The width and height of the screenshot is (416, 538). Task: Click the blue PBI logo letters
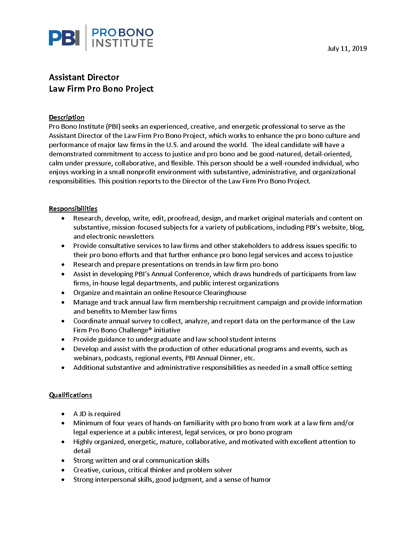click(64, 38)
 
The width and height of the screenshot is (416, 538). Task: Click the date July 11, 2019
click(347, 49)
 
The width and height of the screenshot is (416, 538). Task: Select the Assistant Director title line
click(84, 77)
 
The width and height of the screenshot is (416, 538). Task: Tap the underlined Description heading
click(67, 117)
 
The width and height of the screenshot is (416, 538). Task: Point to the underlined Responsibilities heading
click(73, 209)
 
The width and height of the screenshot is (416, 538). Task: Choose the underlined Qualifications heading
click(70, 395)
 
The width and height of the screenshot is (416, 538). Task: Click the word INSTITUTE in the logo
click(122, 43)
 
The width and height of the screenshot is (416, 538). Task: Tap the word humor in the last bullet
click(261, 480)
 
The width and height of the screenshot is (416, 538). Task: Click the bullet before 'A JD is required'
click(63, 414)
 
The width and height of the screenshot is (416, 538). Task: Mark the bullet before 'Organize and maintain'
click(63, 293)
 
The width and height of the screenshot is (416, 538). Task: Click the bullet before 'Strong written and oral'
click(63, 460)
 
